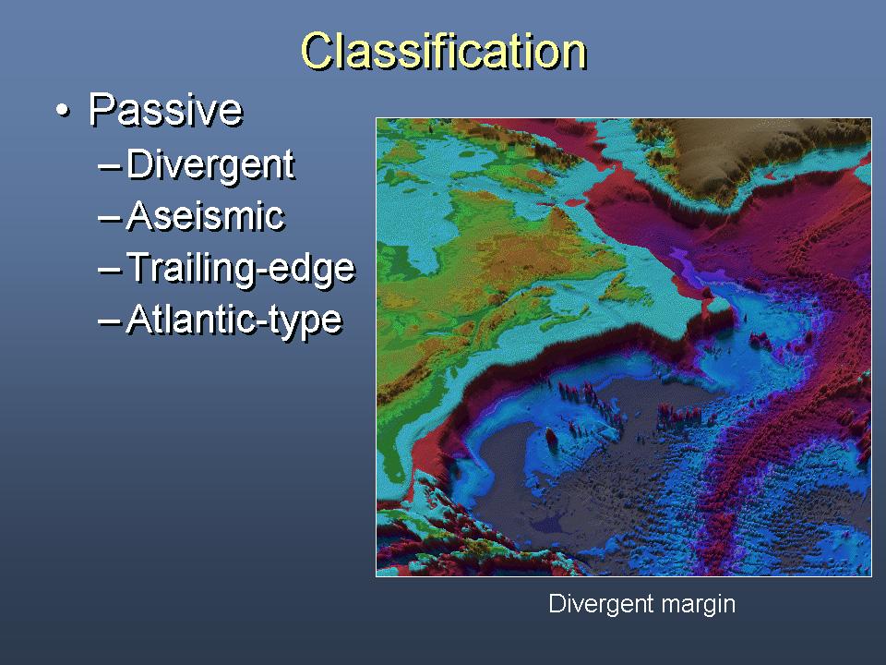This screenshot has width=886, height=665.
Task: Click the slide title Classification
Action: point(444,51)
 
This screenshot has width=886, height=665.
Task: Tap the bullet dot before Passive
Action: point(64,110)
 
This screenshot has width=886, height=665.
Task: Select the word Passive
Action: point(165,109)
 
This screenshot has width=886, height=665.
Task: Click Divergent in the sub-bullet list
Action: point(210,165)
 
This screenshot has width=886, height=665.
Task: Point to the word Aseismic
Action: point(206,216)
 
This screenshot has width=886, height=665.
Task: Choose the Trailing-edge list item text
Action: point(241,268)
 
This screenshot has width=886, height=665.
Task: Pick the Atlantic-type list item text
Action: point(234,320)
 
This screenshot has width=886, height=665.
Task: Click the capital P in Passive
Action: point(102,109)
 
